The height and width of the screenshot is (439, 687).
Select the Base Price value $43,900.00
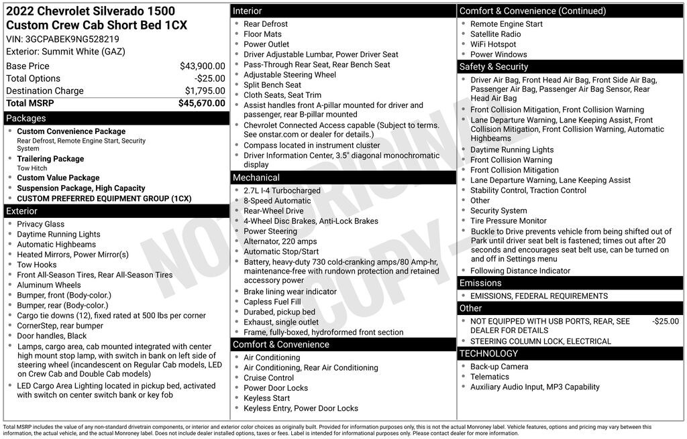(202, 66)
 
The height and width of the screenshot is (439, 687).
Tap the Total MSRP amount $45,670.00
(201, 103)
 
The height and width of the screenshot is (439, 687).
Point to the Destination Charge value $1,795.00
(205, 91)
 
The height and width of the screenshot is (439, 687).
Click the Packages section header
(26, 119)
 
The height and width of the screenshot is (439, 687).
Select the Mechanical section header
(256, 178)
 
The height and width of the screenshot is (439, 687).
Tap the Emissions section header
(480, 283)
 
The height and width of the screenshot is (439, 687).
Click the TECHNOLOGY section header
(488, 353)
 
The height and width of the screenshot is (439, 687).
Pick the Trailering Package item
(50, 159)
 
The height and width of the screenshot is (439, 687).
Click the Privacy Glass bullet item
(41, 224)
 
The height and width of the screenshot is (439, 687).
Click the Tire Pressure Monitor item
(509, 221)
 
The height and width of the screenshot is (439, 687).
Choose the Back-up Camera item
(499, 367)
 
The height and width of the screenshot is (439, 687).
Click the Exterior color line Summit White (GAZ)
(66, 52)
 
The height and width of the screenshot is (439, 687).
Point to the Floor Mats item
(263, 34)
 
